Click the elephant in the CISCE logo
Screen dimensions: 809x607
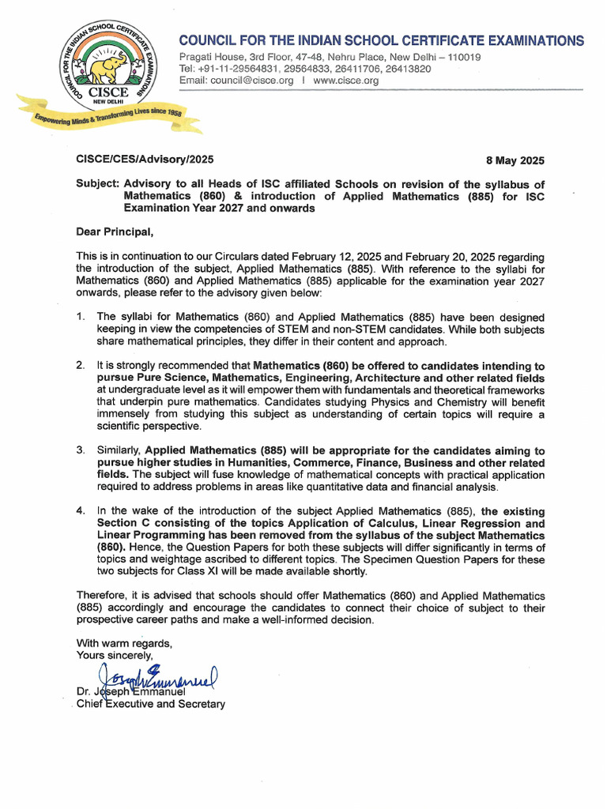click(107, 70)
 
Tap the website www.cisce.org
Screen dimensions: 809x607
click(346, 81)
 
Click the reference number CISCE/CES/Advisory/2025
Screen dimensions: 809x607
click(145, 160)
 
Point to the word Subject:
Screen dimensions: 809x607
click(97, 184)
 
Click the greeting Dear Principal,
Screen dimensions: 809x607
click(114, 232)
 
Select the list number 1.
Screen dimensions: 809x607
click(81, 317)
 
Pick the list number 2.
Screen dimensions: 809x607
click(81, 366)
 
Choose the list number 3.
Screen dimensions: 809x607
click(81, 450)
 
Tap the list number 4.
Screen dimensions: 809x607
click(81, 511)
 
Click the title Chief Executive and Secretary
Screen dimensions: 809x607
click(150, 704)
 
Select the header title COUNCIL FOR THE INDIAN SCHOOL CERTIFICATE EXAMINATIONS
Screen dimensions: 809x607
click(382, 40)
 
